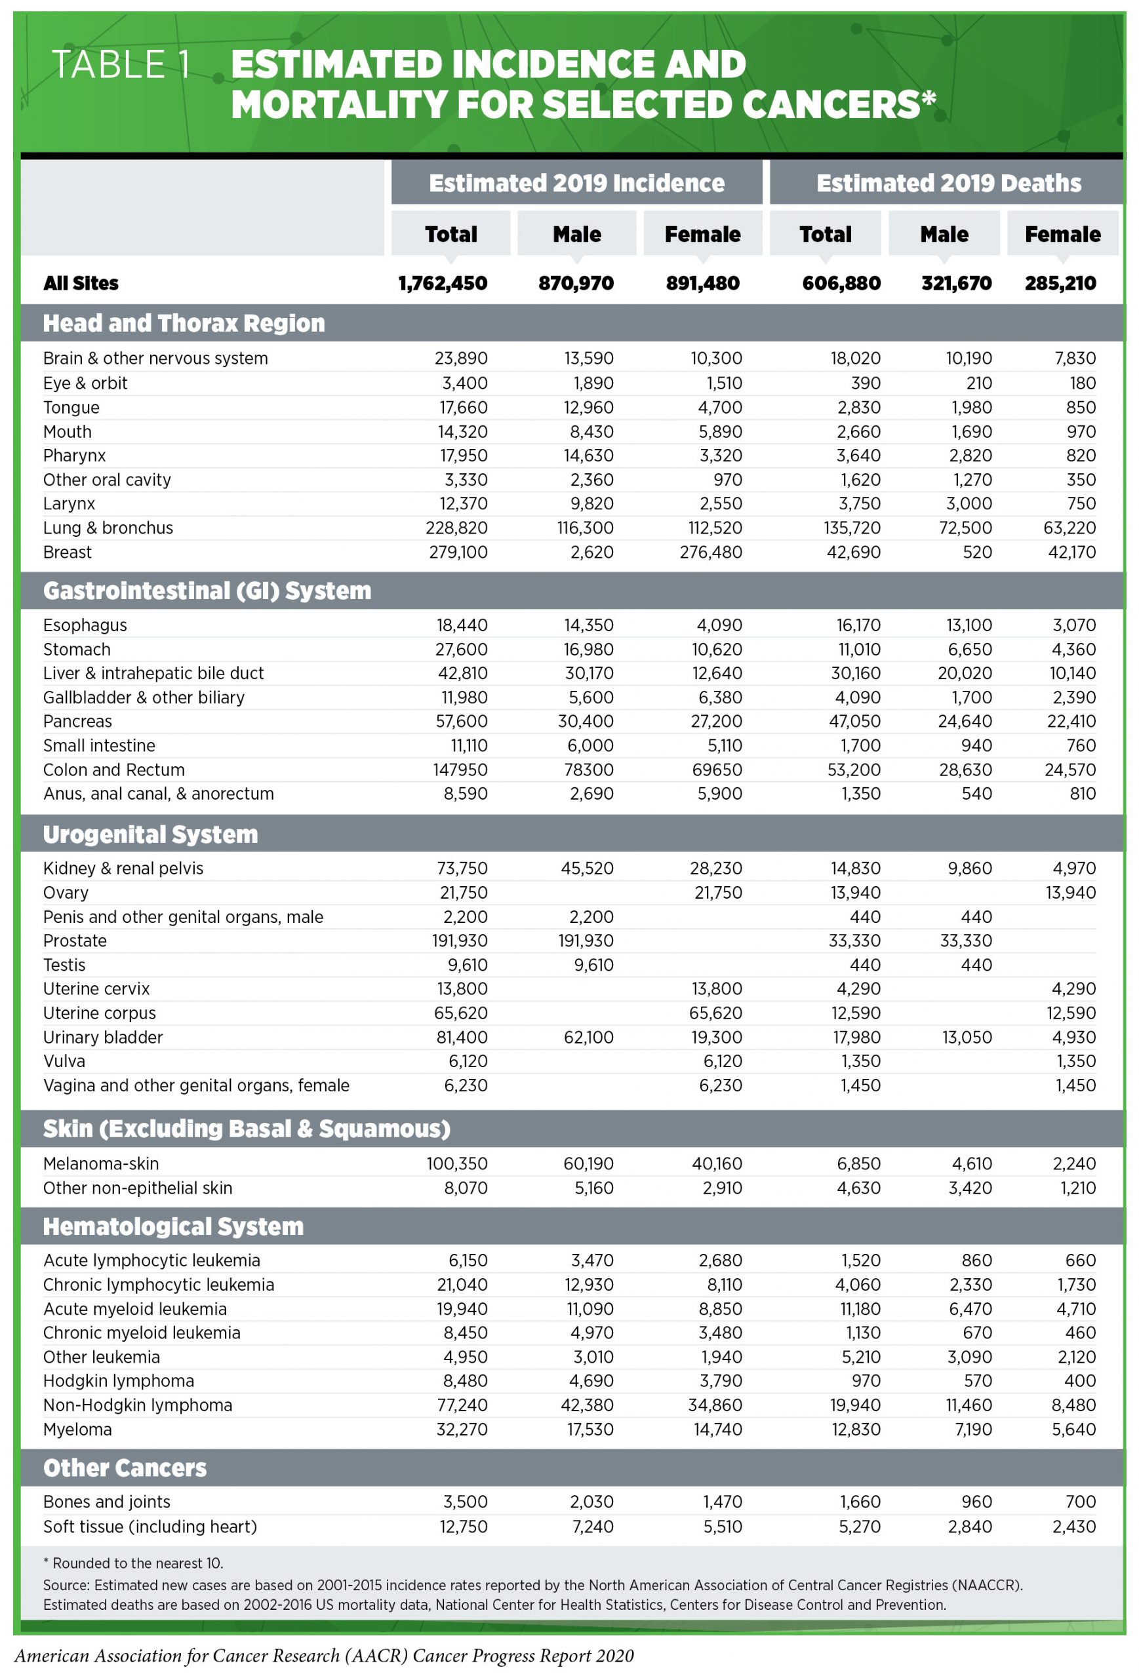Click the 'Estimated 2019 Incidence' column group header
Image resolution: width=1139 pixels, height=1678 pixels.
576,184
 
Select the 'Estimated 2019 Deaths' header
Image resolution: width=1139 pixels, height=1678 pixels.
948,184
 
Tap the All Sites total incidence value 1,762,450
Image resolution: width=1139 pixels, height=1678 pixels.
443,283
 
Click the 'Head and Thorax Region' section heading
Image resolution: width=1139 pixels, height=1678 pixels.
184,322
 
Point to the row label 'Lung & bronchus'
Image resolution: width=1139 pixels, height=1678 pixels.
108,528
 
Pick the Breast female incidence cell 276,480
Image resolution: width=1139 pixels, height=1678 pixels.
710,553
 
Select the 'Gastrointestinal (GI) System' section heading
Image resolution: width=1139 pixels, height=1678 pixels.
207,591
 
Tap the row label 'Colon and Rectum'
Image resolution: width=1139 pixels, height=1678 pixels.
113,770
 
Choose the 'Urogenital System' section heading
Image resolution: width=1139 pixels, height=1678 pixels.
150,834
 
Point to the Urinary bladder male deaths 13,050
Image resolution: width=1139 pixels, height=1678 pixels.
967,1038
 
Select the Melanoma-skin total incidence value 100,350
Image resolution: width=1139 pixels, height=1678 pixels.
457,1164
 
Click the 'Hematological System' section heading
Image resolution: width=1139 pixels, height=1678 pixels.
172,1227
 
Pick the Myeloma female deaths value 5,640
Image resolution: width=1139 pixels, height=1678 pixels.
1073,1430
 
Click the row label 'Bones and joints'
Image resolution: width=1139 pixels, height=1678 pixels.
106,1502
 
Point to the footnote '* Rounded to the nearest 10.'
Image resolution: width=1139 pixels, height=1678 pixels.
133,1563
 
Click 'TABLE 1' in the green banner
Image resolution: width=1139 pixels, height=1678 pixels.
121,65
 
